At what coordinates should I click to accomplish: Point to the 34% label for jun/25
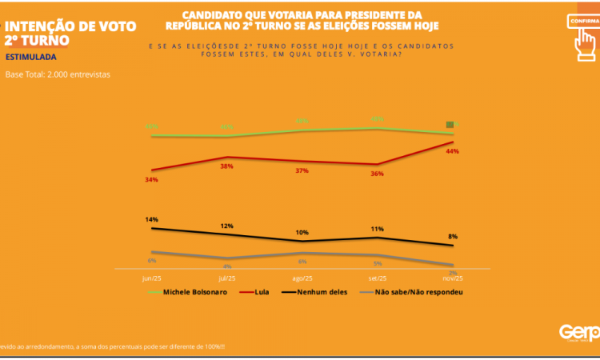pyautogui.click(x=151, y=180)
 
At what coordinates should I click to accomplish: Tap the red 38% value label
pyautogui.click(x=226, y=166)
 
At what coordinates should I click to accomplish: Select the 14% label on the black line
pyautogui.click(x=151, y=219)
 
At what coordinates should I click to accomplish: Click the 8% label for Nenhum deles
pyautogui.click(x=453, y=236)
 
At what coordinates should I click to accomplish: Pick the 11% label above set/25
pyautogui.click(x=377, y=229)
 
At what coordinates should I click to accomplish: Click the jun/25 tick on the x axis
pyautogui.click(x=151, y=278)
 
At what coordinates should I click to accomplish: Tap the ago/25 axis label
pyautogui.click(x=302, y=278)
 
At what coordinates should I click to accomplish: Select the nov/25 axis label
pyautogui.click(x=453, y=278)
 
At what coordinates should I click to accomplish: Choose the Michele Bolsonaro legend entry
pyautogui.click(x=189, y=292)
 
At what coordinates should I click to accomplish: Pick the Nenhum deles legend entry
pyautogui.click(x=314, y=292)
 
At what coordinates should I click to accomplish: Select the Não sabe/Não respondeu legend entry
pyautogui.click(x=412, y=292)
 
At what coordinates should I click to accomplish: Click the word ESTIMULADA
pyautogui.click(x=30, y=58)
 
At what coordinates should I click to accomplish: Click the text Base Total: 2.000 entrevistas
pyautogui.click(x=58, y=74)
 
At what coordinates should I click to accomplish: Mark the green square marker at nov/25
pyautogui.click(x=450, y=125)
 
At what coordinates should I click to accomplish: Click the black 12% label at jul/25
pyautogui.click(x=226, y=226)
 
